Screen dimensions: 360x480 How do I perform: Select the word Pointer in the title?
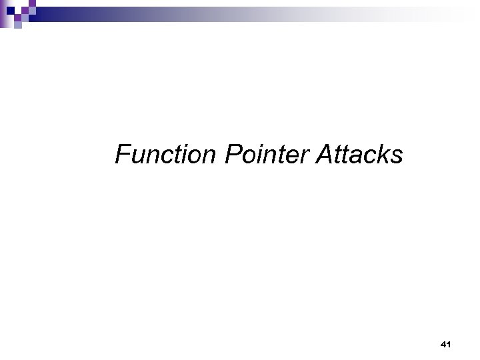click(x=267, y=155)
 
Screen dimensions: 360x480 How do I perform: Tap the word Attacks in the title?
click(x=360, y=155)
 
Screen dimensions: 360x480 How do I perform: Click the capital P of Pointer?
click(x=233, y=155)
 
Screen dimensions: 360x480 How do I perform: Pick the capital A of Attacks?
click(x=325, y=155)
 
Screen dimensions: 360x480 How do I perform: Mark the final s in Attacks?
click(x=397, y=157)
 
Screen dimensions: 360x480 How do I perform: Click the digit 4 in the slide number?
click(x=443, y=345)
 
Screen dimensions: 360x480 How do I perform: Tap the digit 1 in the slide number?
click(x=449, y=345)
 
